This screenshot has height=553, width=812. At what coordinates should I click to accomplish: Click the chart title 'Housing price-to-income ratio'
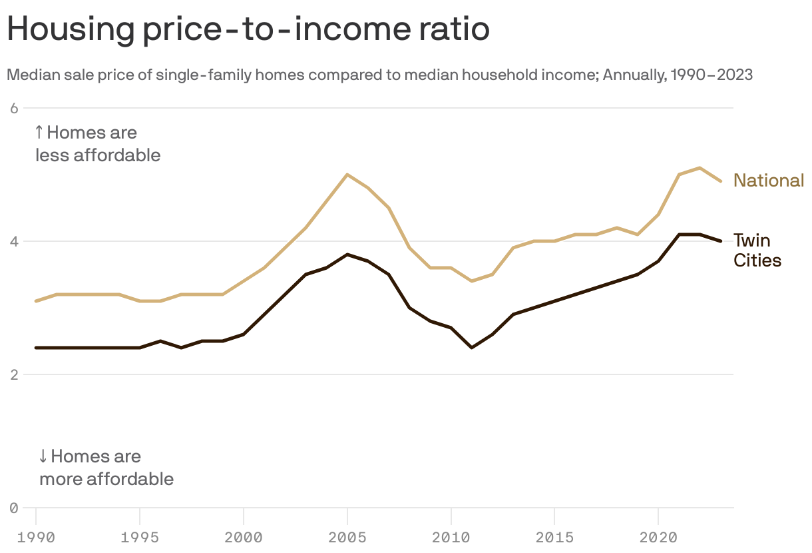click(x=248, y=29)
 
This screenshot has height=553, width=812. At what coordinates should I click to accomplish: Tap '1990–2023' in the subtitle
click(x=711, y=75)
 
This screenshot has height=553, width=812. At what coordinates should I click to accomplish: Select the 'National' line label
click(x=769, y=181)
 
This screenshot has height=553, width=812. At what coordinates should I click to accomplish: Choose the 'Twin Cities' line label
click(x=757, y=250)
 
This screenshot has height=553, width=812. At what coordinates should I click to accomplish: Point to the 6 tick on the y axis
click(x=13, y=108)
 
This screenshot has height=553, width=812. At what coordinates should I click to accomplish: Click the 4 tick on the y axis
click(x=13, y=241)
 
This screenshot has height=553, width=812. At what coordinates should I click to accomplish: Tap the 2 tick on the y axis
click(x=13, y=374)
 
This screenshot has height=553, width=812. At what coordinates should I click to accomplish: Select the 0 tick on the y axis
click(x=13, y=508)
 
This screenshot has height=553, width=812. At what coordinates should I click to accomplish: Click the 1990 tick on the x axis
click(x=36, y=536)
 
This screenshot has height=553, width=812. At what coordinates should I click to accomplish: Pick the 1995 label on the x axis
click(x=140, y=536)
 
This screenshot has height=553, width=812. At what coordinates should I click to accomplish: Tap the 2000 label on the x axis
click(x=244, y=536)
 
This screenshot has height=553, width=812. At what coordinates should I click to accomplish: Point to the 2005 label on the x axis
click(x=347, y=536)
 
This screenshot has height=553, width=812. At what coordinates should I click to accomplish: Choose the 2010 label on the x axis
click(x=451, y=536)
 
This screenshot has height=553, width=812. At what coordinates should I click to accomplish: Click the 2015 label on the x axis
click(x=554, y=536)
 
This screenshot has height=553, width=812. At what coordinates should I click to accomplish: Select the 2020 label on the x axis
click(x=658, y=536)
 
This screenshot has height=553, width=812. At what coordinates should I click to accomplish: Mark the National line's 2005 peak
click(x=347, y=175)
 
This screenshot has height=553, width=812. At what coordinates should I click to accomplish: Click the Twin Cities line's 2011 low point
click(x=471, y=348)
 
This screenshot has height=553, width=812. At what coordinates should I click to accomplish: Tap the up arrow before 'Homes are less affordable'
click(x=39, y=132)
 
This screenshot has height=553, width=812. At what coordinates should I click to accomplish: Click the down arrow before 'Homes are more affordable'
click(x=43, y=456)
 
